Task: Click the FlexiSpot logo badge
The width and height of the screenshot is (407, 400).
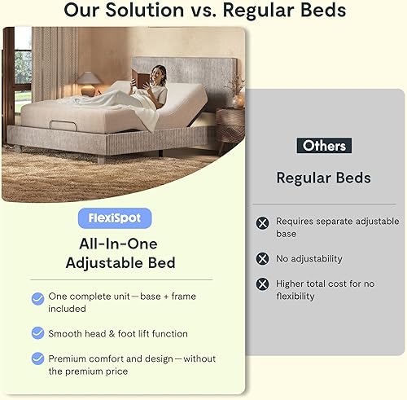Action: (115, 218)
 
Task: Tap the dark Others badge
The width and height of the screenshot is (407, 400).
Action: (324, 146)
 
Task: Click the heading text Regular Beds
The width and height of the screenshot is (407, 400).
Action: (324, 178)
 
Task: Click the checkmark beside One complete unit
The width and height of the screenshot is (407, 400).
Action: (38, 299)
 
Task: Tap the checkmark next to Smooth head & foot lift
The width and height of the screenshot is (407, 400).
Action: (38, 333)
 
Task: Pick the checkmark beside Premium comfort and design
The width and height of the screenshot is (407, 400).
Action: (38, 358)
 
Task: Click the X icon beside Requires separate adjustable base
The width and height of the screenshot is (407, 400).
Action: (262, 222)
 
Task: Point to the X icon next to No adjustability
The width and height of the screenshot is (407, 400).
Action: (262, 258)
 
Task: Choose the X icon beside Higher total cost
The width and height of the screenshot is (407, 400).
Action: (262, 284)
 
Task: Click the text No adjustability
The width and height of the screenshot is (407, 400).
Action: (309, 259)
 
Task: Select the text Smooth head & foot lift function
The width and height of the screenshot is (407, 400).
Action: (117, 333)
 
